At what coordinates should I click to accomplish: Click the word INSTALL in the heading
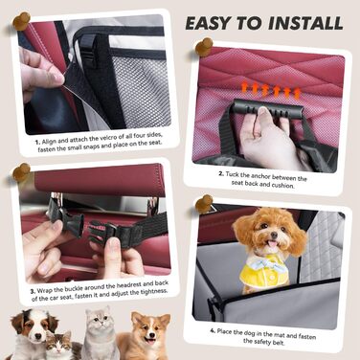[305, 23]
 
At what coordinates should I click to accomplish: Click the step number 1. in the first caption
[38, 143]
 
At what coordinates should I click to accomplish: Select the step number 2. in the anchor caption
[221, 174]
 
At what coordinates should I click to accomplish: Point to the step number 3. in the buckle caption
[34, 291]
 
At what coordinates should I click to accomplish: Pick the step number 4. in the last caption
[213, 330]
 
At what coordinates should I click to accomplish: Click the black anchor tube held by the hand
[268, 109]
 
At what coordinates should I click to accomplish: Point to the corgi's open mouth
[150, 340]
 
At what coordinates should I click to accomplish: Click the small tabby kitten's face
[60, 345]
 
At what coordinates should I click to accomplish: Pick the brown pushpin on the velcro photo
[21, 21]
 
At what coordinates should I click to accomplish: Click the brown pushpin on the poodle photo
[204, 204]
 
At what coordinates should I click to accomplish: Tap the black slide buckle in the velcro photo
[88, 50]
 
